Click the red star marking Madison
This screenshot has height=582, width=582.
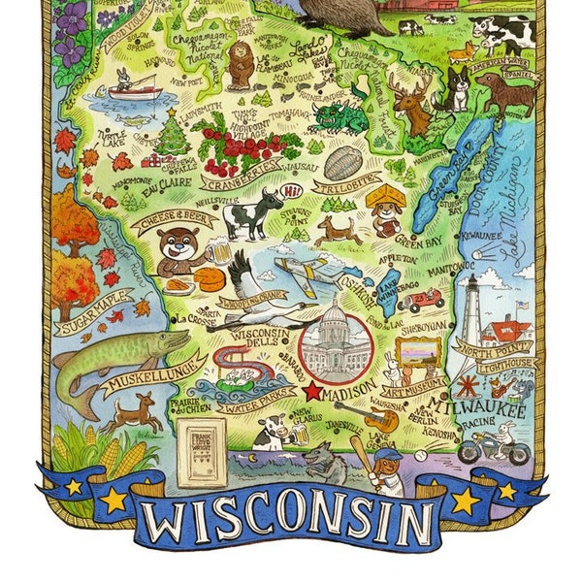point(312,393)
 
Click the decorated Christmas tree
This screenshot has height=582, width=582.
point(174,134)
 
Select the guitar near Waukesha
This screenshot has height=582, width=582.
point(380,419)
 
